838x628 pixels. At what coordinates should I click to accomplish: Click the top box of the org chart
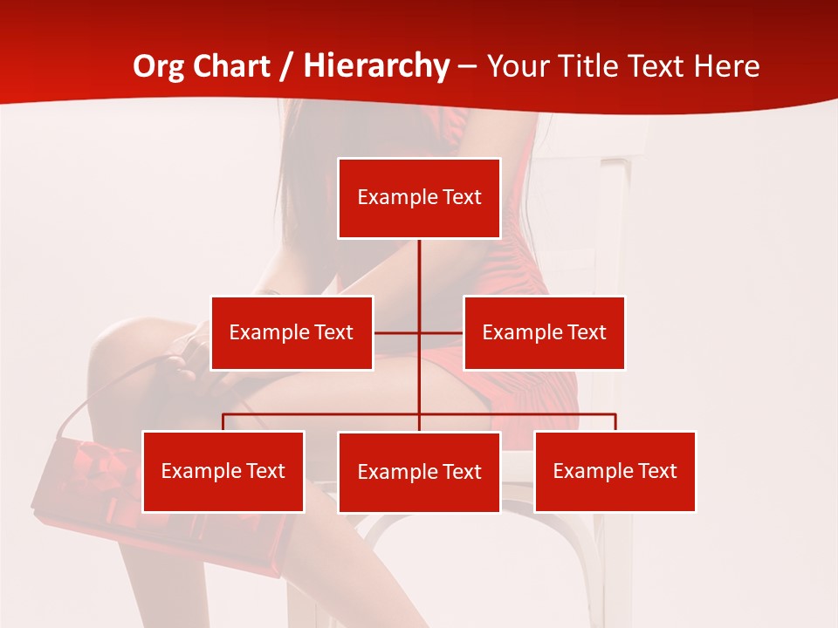click(x=419, y=198)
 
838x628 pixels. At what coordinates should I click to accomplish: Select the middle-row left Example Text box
click(x=292, y=332)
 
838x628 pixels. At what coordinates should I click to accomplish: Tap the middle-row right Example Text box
click(x=544, y=332)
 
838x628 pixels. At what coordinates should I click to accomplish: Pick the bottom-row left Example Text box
click(x=223, y=471)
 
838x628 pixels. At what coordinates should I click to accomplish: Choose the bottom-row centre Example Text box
click(x=419, y=472)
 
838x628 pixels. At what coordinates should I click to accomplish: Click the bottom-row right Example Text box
click(x=615, y=471)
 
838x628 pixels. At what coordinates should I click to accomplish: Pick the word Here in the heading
click(x=726, y=66)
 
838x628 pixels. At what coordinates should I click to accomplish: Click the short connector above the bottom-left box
click(x=223, y=422)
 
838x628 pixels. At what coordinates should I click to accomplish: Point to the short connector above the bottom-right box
click(x=615, y=422)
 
